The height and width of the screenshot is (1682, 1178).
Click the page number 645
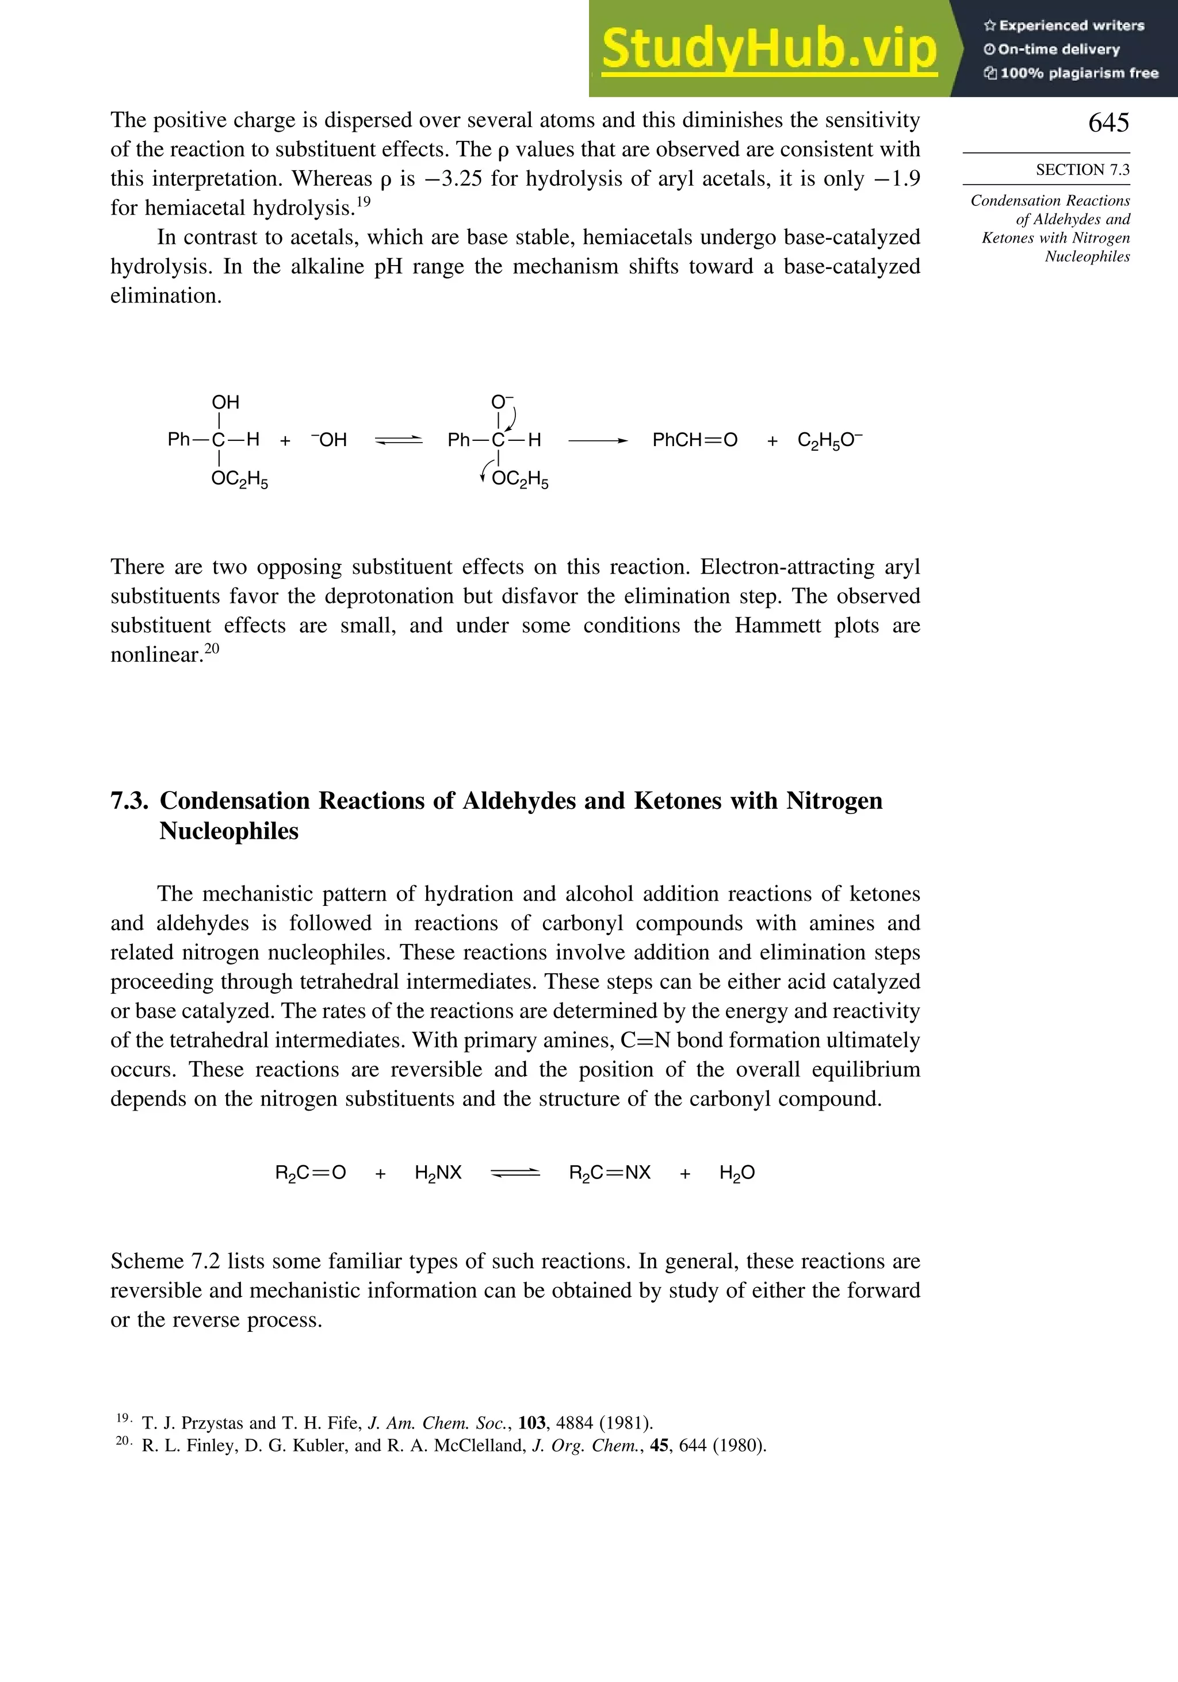(x=1108, y=122)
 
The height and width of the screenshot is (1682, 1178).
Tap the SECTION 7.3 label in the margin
(x=1082, y=170)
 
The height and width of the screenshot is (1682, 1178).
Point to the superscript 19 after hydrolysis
(x=364, y=201)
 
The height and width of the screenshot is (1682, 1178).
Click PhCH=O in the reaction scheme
(x=694, y=440)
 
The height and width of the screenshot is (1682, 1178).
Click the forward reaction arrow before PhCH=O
(x=598, y=440)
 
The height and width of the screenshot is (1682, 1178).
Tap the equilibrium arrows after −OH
(x=399, y=440)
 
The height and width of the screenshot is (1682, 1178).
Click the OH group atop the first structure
(x=225, y=402)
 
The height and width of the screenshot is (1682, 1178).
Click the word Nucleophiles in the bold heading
(x=229, y=831)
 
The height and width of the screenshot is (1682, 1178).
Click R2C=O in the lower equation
(x=310, y=1173)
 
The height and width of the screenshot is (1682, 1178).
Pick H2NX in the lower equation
(x=438, y=1173)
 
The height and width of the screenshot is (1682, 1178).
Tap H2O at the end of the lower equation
(x=737, y=1173)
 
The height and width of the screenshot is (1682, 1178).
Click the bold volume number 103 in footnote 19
(x=531, y=1423)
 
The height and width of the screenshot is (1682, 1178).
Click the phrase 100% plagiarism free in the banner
(x=1078, y=73)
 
